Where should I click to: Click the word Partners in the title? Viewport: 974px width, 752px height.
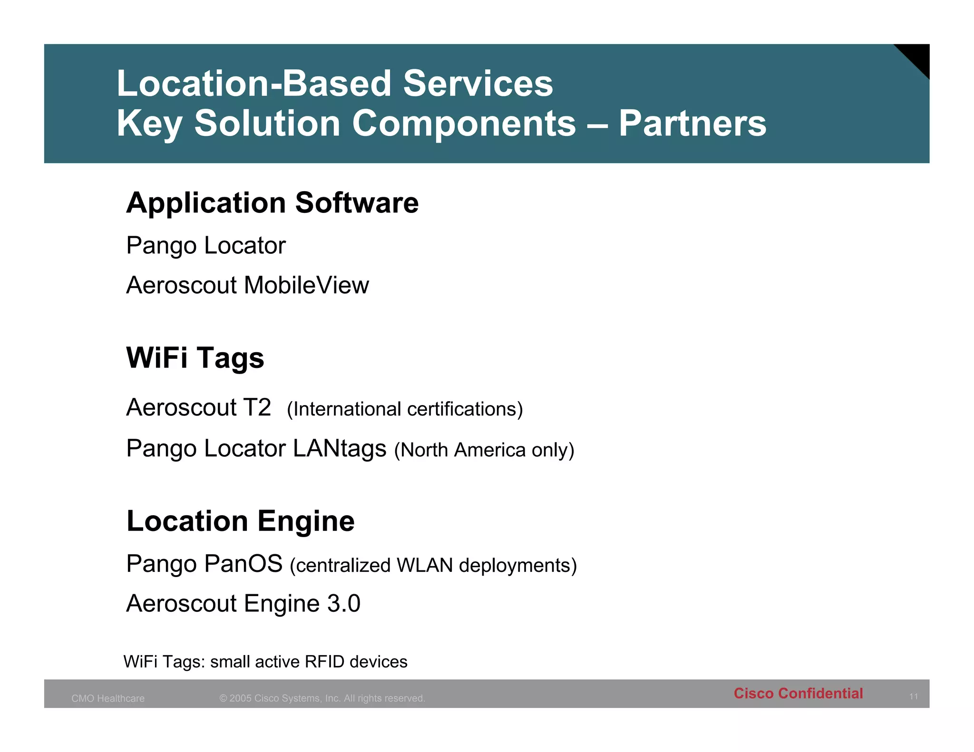click(692, 124)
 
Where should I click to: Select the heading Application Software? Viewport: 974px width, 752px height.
click(272, 203)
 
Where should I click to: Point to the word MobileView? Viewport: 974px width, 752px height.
click(306, 286)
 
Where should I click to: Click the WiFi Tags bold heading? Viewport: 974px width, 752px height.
click(195, 358)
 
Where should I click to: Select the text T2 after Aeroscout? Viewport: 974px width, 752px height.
click(257, 408)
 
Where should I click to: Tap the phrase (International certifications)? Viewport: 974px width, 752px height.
click(405, 409)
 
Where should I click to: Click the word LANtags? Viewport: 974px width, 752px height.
click(339, 449)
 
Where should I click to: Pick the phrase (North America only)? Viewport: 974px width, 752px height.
click(484, 450)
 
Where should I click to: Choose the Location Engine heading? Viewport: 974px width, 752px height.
click(240, 521)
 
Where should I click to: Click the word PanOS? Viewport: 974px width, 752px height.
click(243, 564)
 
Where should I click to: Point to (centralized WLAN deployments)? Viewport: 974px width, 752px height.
click(433, 566)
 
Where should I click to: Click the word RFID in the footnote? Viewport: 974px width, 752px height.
click(324, 662)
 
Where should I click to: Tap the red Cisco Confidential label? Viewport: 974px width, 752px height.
click(798, 694)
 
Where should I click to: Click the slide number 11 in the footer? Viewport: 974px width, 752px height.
click(913, 697)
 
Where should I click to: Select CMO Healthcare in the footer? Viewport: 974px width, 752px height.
click(108, 698)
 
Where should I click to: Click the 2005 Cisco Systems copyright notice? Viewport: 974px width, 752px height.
click(322, 698)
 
